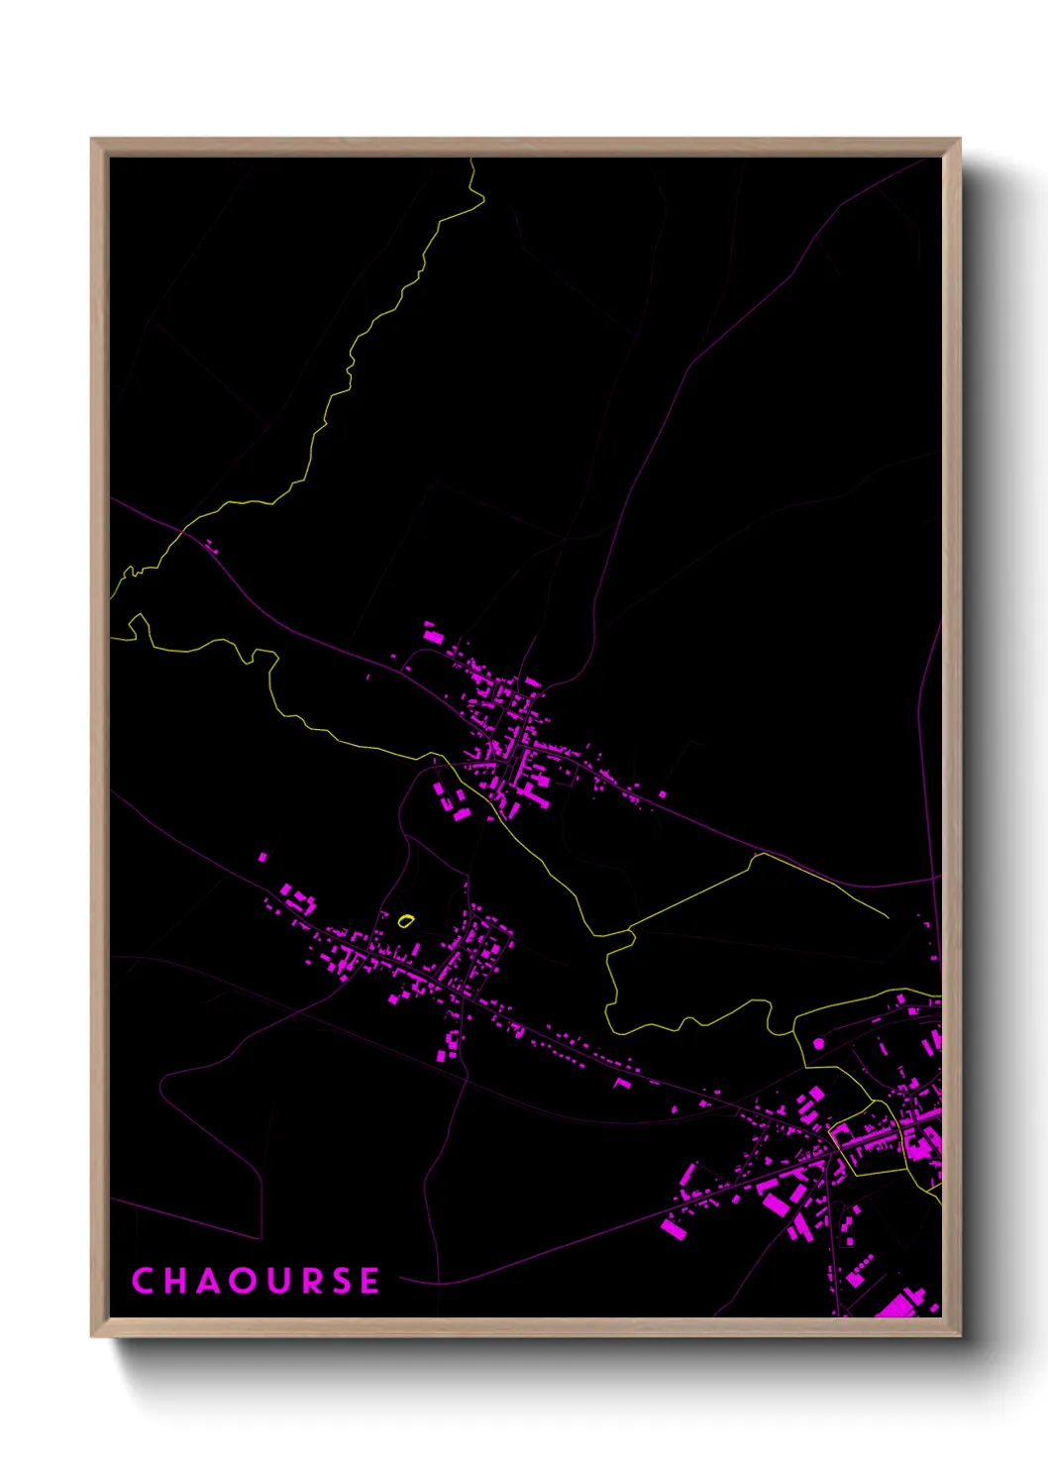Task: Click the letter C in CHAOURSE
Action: click(x=143, y=1281)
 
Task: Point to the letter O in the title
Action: click(x=241, y=1281)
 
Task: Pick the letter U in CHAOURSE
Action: click(x=275, y=1281)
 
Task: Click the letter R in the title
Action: click(x=308, y=1281)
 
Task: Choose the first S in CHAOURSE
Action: click(x=340, y=1281)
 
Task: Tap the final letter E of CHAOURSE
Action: click(x=369, y=1281)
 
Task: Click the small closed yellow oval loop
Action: click(x=404, y=920)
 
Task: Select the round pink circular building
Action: click(x=818, y=1043)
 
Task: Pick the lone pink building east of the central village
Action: click(x=662, y=793)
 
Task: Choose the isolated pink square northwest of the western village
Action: click(x=262, y=857)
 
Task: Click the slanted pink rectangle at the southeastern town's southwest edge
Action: click(x=674, y=1229)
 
